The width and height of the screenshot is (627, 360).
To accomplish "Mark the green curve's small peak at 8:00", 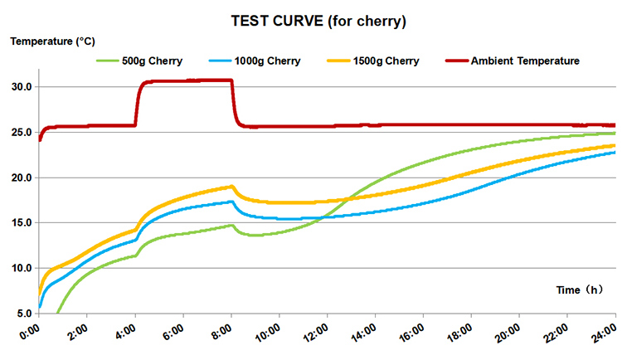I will click(x=231, y=226).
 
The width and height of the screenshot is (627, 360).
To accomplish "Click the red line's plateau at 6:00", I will click(x=183, y=80).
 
